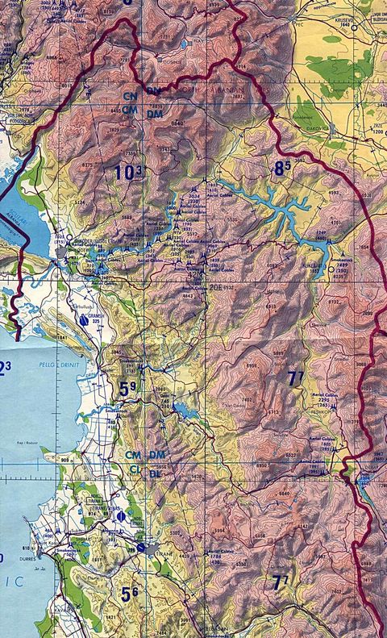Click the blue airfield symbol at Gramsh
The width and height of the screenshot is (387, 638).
83,319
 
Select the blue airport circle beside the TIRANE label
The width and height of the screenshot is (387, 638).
143,548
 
